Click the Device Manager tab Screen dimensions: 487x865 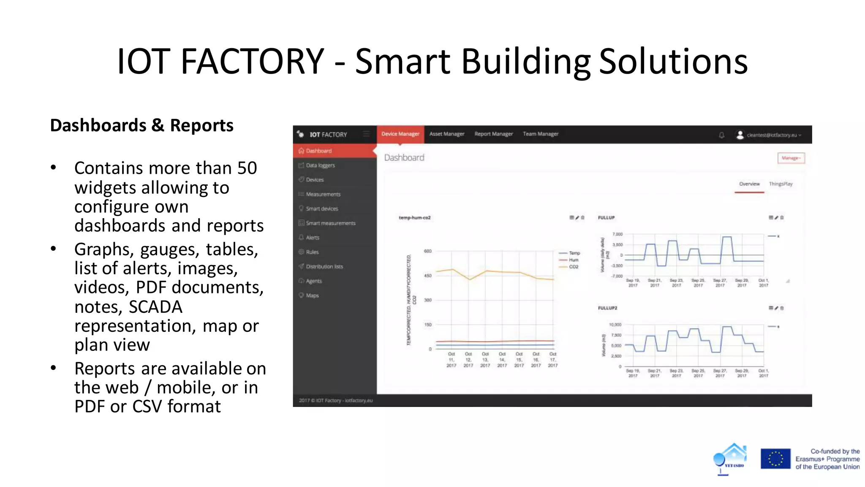coord(400,134)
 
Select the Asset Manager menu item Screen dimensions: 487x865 coord(447,134)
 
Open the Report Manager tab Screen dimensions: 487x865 coord(493,134)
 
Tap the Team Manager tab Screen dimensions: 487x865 coord(541,134)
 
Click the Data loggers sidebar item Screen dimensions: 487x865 coord(320,165)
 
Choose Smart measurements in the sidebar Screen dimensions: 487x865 coord(330,223)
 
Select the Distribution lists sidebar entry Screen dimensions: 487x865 coord(324,267)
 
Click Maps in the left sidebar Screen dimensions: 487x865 coord(312,295)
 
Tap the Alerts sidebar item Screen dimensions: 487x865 coord(313,238)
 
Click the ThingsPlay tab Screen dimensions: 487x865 coord(781,184)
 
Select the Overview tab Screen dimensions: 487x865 coord(749,184)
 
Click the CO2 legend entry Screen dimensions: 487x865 coord(574,267)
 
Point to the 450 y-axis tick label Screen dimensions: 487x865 coord(428,276)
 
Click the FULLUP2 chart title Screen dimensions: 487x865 coord(607,308)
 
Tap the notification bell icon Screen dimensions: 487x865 coord(722,135)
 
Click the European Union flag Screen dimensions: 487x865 coord(775,459)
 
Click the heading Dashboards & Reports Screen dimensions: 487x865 coord(142,126)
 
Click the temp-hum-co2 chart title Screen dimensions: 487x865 coord(415,218)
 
